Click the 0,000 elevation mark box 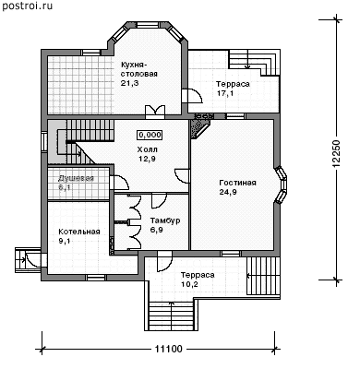click(150, 135)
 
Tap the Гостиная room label click(237, 183)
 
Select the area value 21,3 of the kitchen click(127, 83)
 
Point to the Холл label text click(147, 149)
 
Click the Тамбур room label click(165, 220)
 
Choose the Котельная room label click(79, 232)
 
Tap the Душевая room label click(76, 179)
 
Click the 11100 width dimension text click(168, 350)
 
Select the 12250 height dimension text click(337, 154)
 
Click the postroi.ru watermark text click(27, 6)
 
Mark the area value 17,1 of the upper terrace click(225, 93)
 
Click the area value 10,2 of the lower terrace click(189, 284)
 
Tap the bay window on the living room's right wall click(282, 184)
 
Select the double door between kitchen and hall click(155, 112)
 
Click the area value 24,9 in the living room click(228, 192)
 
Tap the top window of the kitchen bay click(147, 25)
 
